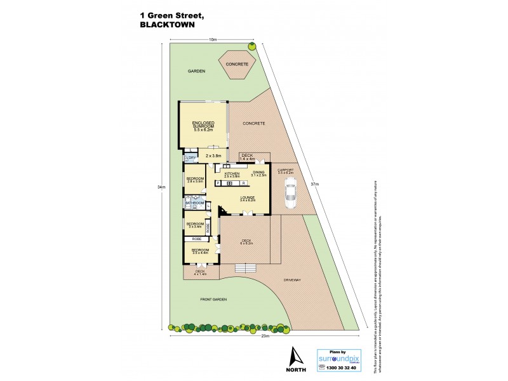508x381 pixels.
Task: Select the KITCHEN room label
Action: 231,173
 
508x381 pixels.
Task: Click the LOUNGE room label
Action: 247,198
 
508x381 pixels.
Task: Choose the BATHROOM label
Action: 194,203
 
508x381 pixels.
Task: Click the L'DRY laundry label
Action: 190,157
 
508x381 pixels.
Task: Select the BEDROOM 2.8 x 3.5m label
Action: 194,179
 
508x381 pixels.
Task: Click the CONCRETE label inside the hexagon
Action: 237,64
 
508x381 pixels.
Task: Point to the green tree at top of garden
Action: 252,46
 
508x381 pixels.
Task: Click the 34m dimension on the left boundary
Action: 163,187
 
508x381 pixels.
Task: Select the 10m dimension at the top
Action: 212,39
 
